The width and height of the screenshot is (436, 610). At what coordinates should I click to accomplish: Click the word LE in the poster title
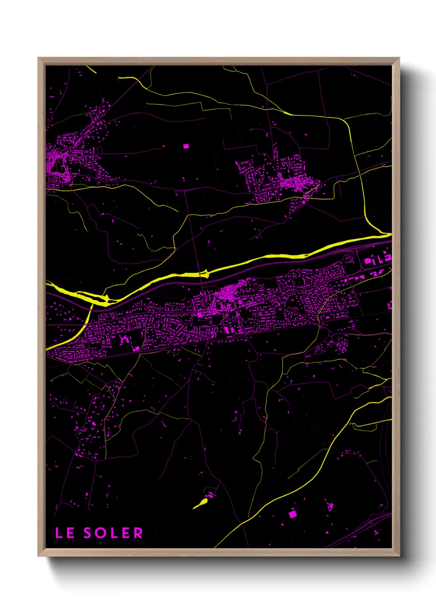point(65,533)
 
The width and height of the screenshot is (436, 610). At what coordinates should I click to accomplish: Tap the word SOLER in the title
point(113,533)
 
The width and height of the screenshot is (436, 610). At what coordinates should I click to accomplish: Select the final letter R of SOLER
point(138,533)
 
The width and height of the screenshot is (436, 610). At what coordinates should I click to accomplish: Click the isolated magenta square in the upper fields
point(185,146)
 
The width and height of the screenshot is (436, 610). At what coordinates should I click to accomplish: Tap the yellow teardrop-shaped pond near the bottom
point(201,503)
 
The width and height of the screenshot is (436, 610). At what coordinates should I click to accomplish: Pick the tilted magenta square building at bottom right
point(293,514)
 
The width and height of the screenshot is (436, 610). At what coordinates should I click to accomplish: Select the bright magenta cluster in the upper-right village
point(293,184)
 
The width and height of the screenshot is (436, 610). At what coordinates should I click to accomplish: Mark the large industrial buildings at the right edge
point(377,259)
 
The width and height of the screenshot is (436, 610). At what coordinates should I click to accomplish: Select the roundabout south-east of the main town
point(331,333)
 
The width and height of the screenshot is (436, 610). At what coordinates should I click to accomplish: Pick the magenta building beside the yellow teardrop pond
point(211,495)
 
